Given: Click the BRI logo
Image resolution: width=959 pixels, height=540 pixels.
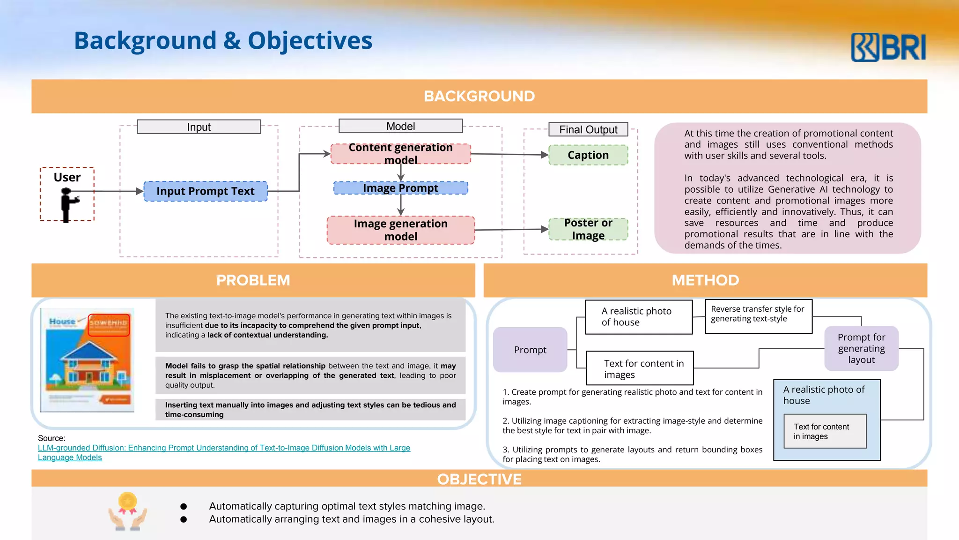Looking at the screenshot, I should pos(888,47).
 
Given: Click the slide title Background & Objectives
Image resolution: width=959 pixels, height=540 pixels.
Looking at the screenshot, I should pos(223,41).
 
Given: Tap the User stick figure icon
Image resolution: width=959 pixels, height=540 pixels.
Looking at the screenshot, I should pos(68,204).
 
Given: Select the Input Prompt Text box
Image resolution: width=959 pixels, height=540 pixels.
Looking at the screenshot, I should pos(205,191).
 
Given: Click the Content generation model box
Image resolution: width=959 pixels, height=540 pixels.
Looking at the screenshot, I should pos(400,154).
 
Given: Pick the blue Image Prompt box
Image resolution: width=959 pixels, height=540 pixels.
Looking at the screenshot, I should pos(400,188).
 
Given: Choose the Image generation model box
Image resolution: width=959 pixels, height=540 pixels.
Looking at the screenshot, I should pos(400,230).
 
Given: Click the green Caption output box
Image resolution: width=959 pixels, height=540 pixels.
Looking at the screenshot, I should pos(588,155).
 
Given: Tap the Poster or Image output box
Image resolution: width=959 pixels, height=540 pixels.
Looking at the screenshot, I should pos(588,229).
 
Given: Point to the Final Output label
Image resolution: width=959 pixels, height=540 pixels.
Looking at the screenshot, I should pos(588,129).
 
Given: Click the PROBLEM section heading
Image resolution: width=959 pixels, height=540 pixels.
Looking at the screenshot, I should pos(253,280).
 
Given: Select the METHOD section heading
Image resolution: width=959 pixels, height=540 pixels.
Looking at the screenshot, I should pos(705,280).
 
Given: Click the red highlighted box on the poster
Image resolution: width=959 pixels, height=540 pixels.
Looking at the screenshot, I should pos(109,324).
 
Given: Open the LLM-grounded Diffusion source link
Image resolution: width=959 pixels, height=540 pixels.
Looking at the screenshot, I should pos(224,448).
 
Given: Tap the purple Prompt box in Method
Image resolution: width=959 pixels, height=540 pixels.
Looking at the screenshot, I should pos(530,350).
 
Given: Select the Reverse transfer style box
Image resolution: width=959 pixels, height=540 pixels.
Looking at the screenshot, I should pos(758,316).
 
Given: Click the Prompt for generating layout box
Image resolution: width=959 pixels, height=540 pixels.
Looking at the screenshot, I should pos(861,349).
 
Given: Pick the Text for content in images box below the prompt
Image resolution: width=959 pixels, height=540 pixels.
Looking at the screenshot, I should pos(640,368).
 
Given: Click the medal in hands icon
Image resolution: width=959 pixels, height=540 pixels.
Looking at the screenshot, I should pos(127,511).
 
